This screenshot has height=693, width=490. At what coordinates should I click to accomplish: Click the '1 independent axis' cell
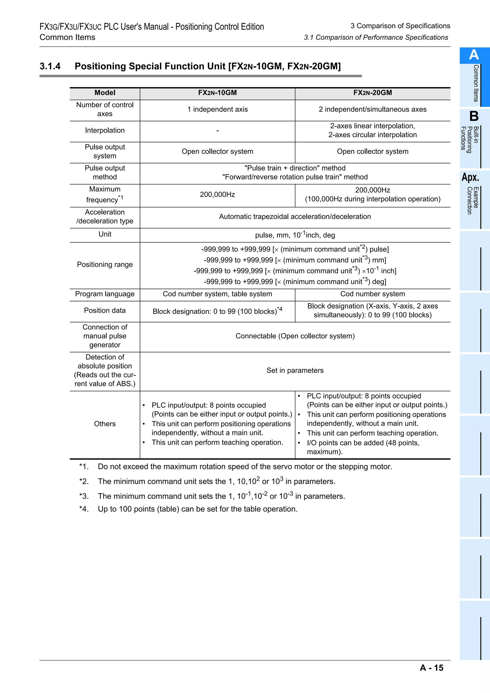217,109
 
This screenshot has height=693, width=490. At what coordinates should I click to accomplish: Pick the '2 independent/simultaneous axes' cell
373,109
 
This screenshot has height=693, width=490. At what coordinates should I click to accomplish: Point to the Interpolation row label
105,130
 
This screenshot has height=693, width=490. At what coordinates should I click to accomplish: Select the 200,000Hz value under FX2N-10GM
217,195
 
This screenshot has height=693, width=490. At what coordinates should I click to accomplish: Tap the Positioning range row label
105,265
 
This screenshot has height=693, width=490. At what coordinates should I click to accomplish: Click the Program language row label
105,294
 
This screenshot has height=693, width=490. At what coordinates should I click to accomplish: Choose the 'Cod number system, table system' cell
217,294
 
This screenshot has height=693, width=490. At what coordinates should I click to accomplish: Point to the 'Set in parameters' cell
295,371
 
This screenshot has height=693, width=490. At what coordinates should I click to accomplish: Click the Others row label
105,424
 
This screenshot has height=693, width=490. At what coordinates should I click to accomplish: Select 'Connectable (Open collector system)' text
295,336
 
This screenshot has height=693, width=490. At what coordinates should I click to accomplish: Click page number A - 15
431,668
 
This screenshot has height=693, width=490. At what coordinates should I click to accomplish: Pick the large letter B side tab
474,116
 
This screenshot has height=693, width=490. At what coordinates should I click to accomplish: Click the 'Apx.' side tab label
470,177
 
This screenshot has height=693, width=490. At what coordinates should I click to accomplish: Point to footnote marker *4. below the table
84,509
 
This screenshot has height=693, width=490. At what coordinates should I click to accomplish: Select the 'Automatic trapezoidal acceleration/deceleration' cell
295,217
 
